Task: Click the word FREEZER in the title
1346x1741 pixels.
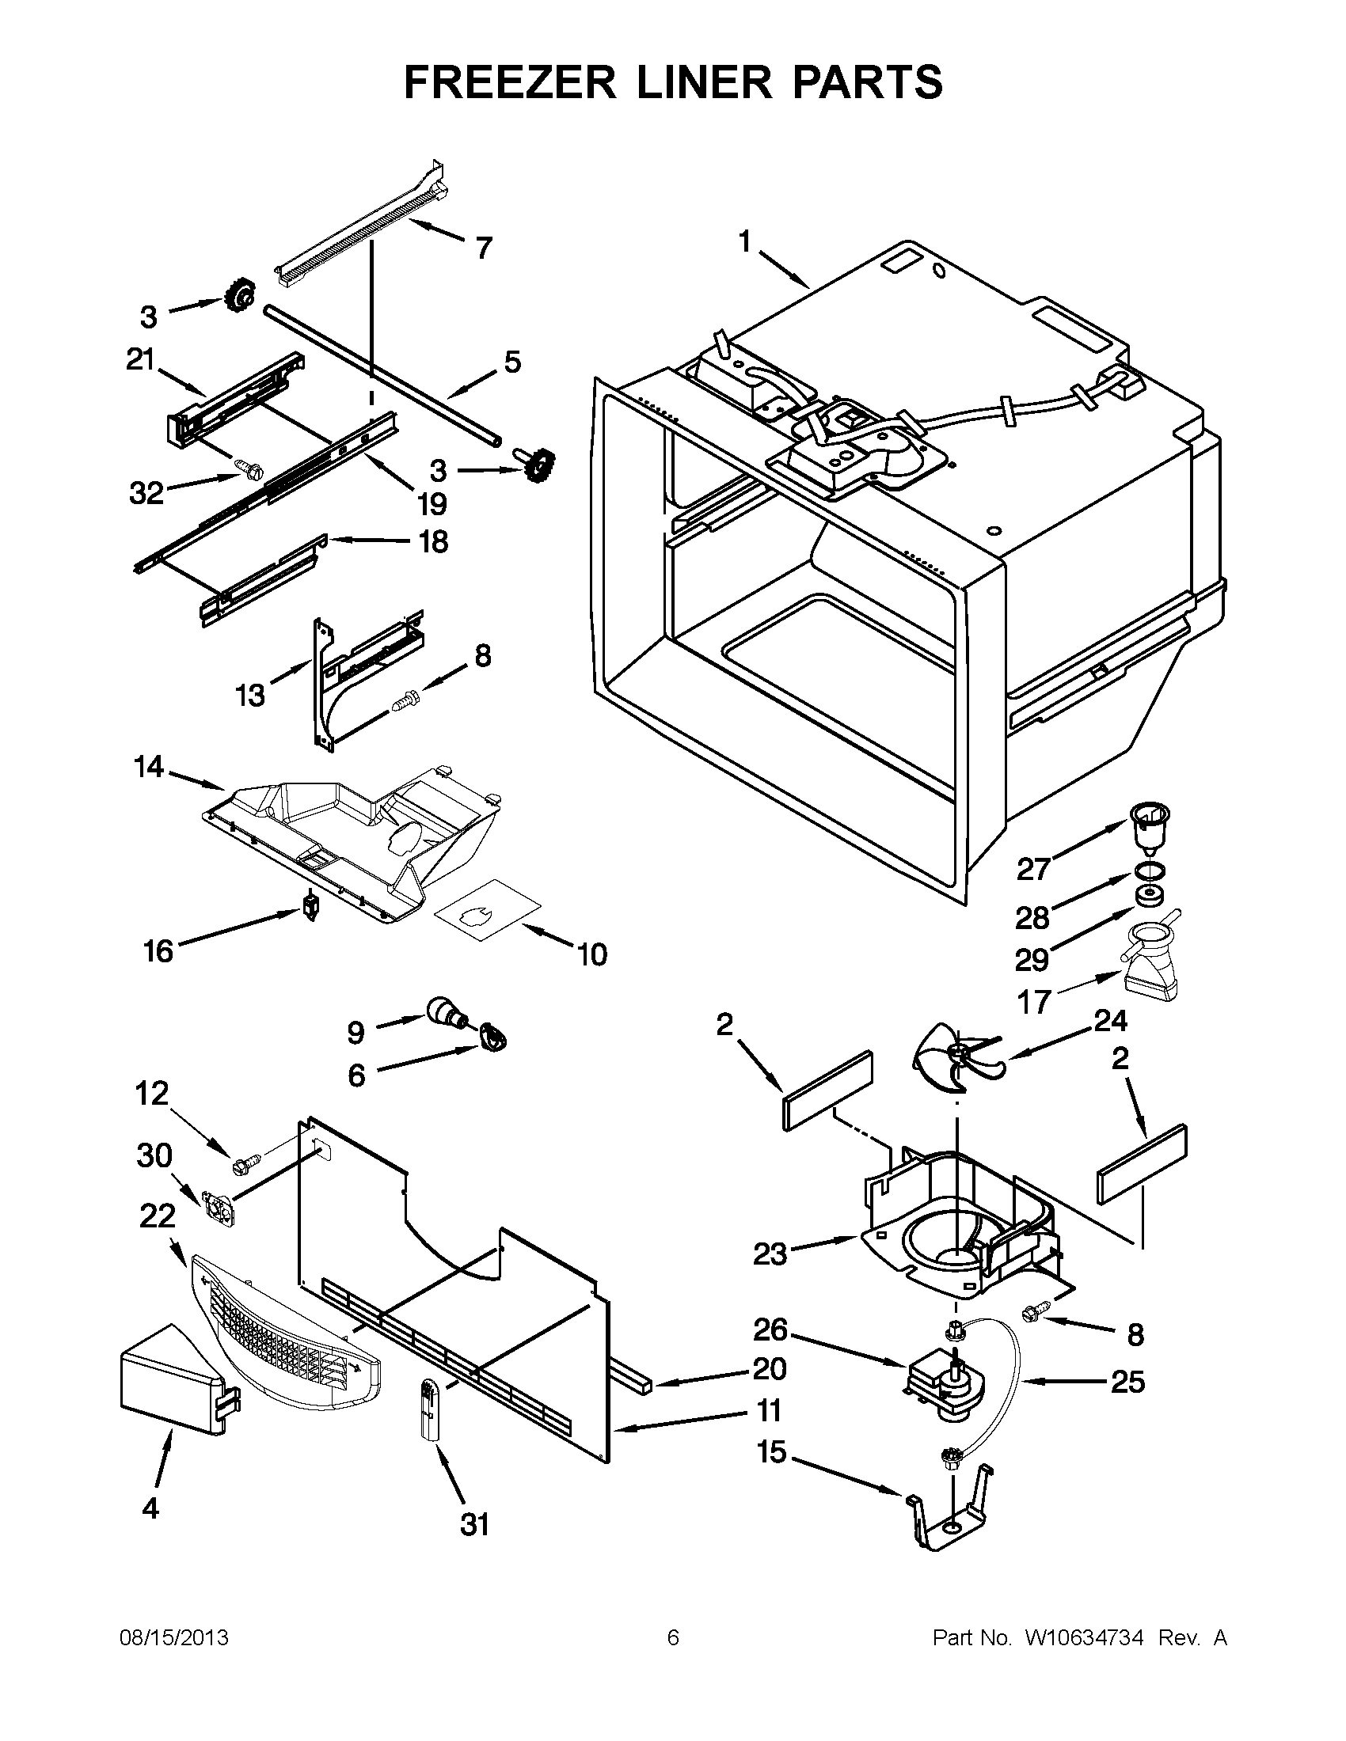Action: click(x=510, y=82)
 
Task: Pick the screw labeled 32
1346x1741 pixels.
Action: click(x=244, y=469)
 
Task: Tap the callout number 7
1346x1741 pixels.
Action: click(x=482, y=248)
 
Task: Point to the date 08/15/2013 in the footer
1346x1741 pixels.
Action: click(x=174, y=1638)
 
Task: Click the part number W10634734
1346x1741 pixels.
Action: click(x=1084, y=1638)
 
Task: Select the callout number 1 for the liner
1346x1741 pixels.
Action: click(x=745, y=241)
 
